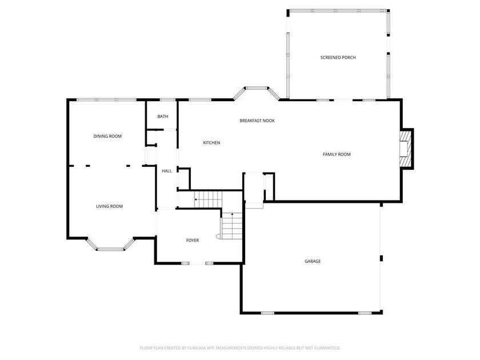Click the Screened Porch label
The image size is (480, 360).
[x=338, y=57]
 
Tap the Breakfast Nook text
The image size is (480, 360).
[x=257, y=121]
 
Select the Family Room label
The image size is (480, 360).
[x=337, y=154]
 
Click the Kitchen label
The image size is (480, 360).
[x=211, y=143]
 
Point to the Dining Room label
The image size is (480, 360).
[x=108, y=136]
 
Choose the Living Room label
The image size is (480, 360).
[x=109, y=206]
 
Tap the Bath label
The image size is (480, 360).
[x=163, y=117]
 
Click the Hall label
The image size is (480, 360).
[x=167, y=171]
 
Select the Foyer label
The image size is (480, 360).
[x=193, y=241]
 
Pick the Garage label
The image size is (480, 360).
[x=313, y=261]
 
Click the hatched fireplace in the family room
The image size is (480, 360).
[x=405, y=149]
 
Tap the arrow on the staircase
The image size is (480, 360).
[x=197, y=199]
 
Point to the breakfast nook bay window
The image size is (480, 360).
[x=257, y=88]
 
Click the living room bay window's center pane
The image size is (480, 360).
[x=110, y=249]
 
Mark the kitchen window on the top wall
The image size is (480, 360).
[x=198, y=101]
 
